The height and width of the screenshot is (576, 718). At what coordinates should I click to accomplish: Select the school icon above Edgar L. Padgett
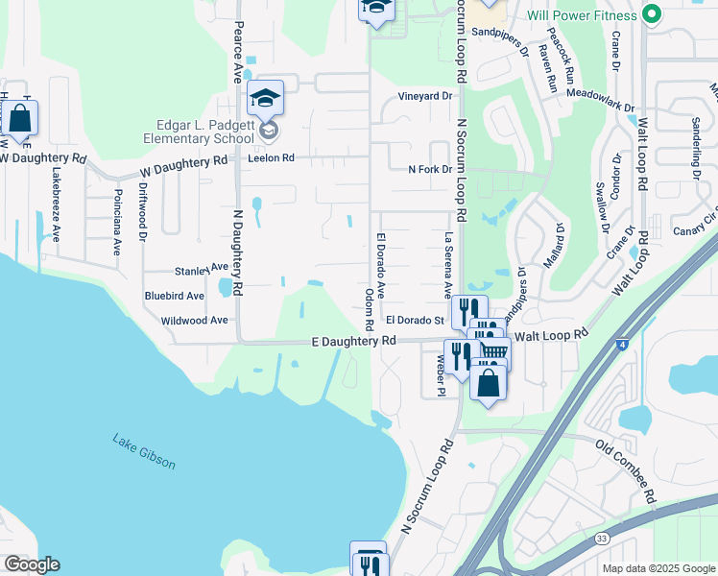(265, 97)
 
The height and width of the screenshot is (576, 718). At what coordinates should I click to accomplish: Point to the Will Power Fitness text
(582, 16)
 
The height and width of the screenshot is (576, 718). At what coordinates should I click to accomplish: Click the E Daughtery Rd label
(353, 341)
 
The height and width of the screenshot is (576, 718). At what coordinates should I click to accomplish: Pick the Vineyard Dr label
(424, 96)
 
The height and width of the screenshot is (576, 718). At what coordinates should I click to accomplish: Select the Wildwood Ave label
(195, 320)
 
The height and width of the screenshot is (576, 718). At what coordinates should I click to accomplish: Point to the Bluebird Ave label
(174, 297)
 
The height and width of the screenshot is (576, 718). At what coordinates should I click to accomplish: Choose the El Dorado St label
(414, 320)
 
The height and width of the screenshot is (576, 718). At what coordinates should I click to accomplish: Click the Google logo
(32, 564)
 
